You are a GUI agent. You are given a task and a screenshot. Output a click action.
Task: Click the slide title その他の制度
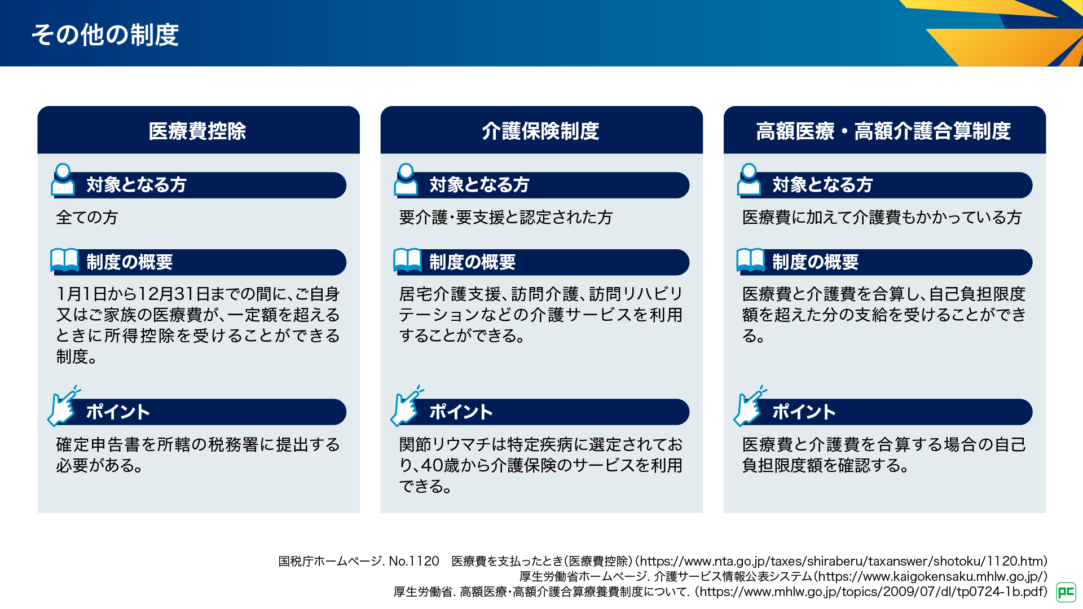pos(105,35)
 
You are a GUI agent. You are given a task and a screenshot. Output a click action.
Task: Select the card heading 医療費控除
pos(197,131)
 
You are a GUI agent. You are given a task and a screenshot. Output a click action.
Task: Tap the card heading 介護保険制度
pos(540,131)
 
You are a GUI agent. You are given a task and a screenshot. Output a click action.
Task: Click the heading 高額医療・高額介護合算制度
pos(883,131)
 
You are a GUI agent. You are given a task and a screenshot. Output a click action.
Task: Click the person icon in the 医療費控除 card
pos(63,180)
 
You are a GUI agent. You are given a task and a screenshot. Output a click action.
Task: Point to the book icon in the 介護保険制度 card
pos(407,260)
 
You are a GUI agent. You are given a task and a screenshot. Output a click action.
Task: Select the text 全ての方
pos(87,217)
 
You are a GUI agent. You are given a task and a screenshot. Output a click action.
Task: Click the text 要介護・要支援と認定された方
pos(505,217)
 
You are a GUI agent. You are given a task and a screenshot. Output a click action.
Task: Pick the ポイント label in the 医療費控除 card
pos(118,412)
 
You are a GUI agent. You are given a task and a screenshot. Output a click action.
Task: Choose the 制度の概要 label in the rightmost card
pos(815,262)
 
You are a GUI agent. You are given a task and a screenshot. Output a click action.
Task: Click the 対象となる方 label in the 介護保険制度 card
pos(479,185)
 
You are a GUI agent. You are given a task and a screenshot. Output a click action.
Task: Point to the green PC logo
pos(1066,592)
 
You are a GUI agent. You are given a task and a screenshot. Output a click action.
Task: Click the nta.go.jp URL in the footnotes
pos(843,561)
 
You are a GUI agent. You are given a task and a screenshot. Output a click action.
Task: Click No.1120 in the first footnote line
pos(414,561)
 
